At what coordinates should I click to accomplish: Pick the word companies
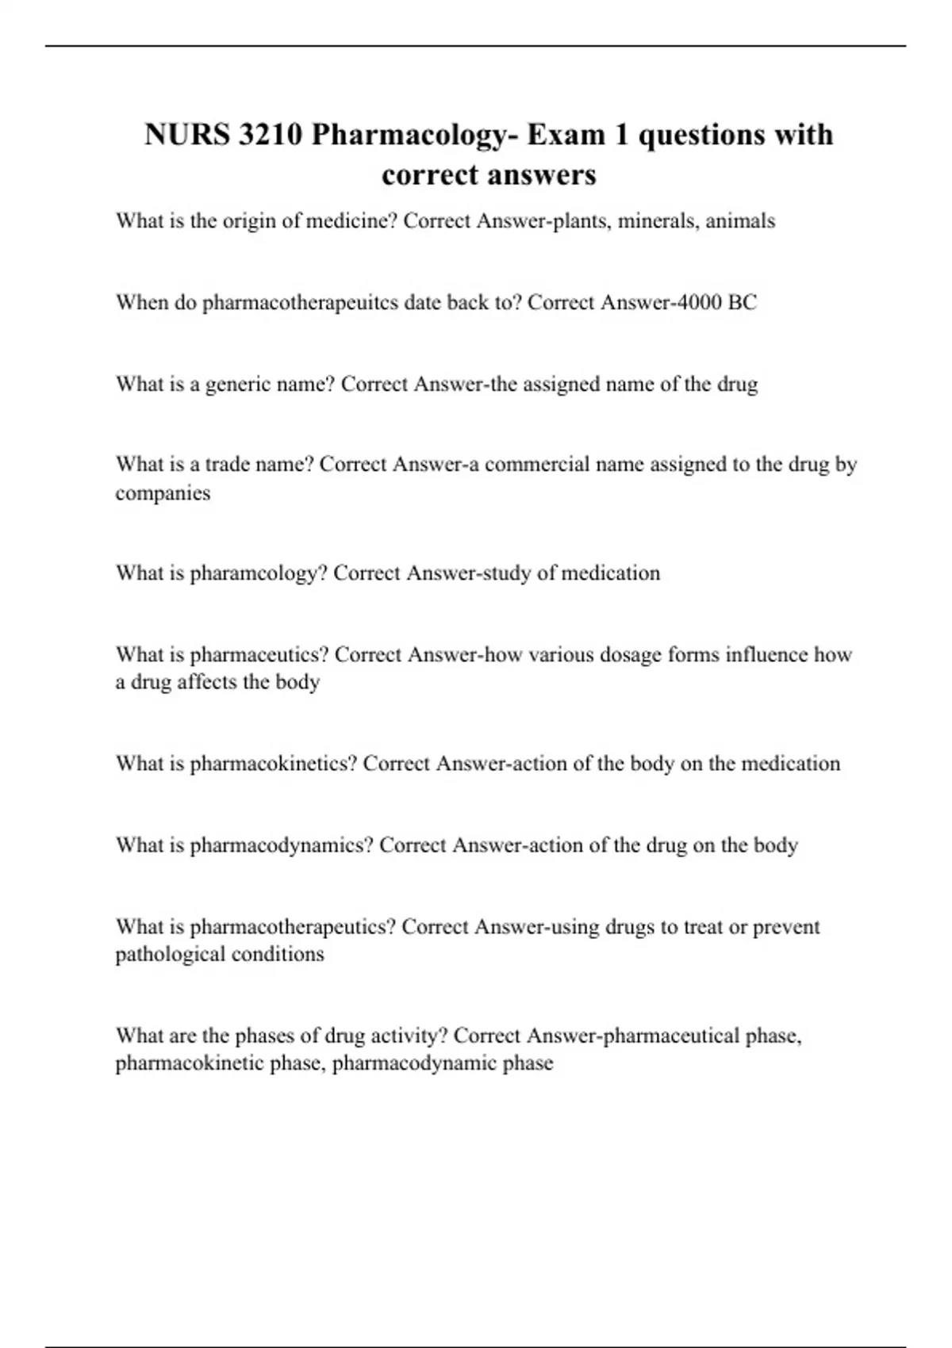pyautogui.click(x=163, y=493)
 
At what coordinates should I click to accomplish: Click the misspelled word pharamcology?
pyautogui.click(x=259, y=573)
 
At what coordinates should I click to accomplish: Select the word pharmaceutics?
pyautogui.click(x=259, y=655)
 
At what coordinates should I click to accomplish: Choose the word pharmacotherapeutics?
pyautogui.click(x=293, y=927)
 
